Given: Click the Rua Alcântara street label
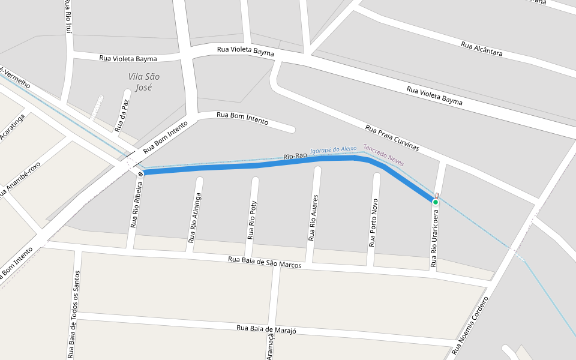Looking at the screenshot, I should (x=482, y=49).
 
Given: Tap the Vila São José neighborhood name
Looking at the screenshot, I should (x=144, y=82).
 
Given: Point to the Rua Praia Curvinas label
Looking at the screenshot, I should (x=392, y=138).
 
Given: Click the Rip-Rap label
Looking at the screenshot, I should (x=295, y=157).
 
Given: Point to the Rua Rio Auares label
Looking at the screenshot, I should (x=312, y=217).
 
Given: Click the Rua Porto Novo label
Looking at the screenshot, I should (x=373, y=223).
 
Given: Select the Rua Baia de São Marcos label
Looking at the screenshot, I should (x=265, y=262).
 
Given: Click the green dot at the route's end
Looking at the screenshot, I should (x=436, y=202).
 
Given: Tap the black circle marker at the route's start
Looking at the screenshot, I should (x=140, y=174).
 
